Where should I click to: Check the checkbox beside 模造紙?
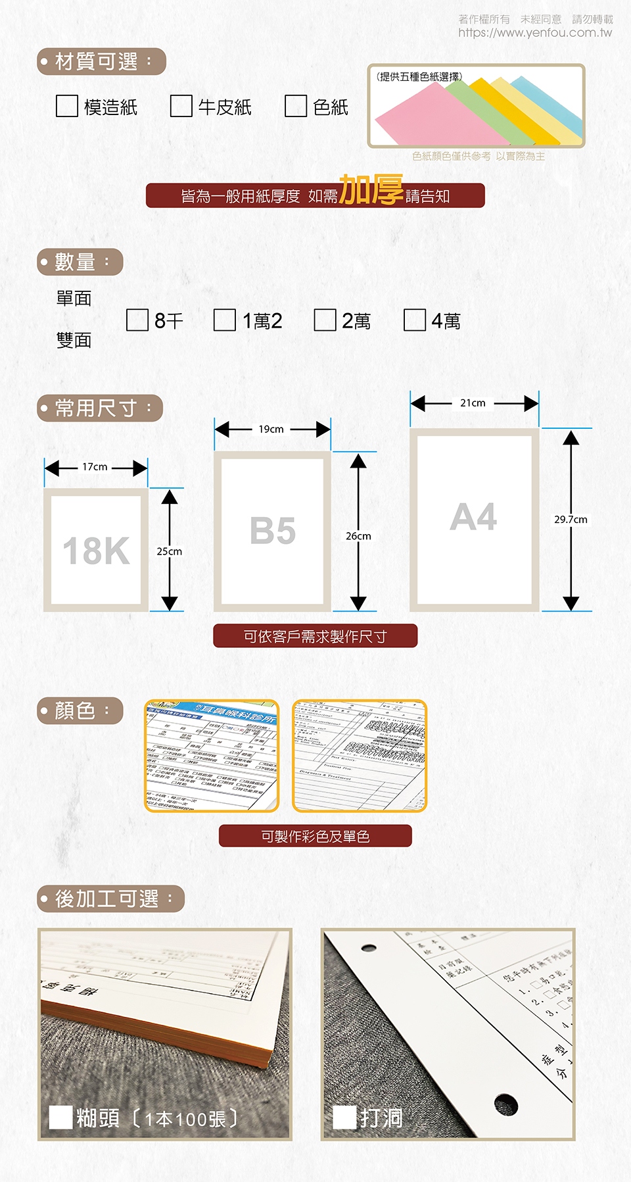tap(67, 106)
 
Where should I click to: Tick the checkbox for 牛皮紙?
tap(181, 106)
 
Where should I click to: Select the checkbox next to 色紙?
tap(296, 106)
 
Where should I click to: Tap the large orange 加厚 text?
tap(371, 190)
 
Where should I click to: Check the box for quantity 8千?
tap(137, 320)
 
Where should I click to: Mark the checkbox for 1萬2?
tap(225, 320)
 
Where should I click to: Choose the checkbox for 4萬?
tap(415, 320)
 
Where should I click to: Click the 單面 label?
tap(74, 299)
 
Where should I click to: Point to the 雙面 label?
tap(74, 340)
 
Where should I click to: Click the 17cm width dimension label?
tap(95, 467)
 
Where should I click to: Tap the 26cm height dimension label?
tap(358, 536)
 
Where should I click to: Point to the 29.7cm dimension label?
tap(571, 520)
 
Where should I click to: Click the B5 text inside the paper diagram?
tap(272, 531)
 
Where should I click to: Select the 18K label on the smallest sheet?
tap(96, 551)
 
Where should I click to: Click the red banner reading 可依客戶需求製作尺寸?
tap(315, 636)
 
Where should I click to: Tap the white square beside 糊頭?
tap(61, 1117)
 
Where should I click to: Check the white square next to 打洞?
tap(345, 1117)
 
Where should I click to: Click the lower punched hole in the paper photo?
tap(505, 1104)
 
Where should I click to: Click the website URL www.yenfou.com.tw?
tap(535, 33)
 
